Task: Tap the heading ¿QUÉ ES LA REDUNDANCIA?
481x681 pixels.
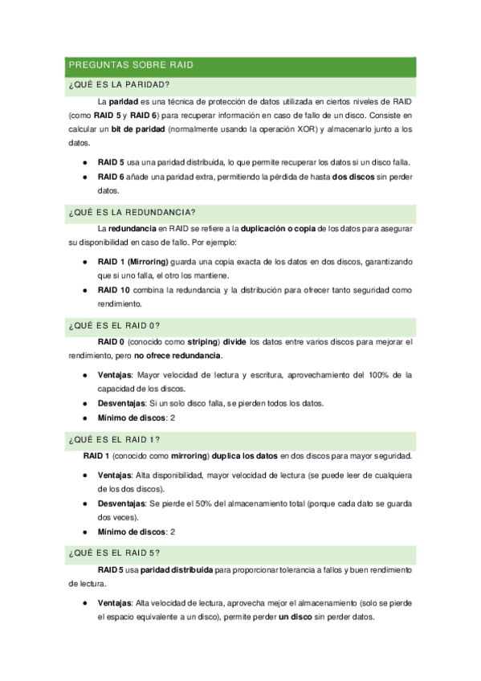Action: (x=132, y=212)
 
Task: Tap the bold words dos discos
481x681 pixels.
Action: (x=353, y=177)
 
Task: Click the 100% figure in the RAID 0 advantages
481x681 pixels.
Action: (x=377, y=375)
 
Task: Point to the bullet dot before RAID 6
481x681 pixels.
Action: (x=86, y=177)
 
